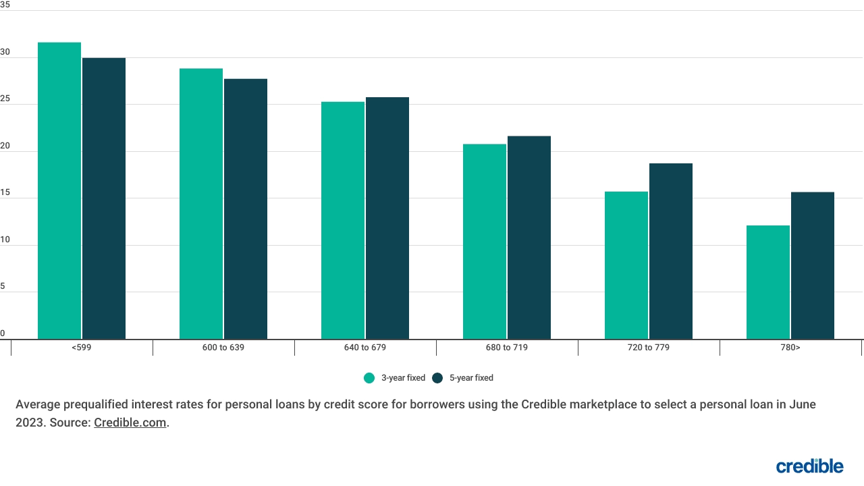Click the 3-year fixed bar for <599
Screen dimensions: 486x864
59,190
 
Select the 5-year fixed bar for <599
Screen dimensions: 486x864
104,198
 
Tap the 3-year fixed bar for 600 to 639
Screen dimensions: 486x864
201,203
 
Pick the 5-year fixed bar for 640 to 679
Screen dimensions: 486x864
387,218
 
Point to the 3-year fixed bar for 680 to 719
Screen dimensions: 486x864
485,241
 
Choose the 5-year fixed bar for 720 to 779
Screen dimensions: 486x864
671,251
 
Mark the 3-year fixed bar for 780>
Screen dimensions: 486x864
768,282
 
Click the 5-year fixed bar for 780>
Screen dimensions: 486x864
813,265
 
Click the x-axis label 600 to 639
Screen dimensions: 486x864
223,348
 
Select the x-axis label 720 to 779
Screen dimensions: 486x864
649,348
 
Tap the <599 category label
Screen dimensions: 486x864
82,348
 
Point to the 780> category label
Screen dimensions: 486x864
790,348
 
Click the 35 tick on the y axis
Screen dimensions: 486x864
5,5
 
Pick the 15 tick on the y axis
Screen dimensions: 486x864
5,192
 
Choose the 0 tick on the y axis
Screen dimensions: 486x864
3,333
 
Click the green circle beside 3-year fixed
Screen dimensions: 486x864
369,378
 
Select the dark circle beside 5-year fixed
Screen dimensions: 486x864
437,378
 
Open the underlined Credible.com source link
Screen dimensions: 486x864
130,423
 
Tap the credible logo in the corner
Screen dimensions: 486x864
809,466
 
